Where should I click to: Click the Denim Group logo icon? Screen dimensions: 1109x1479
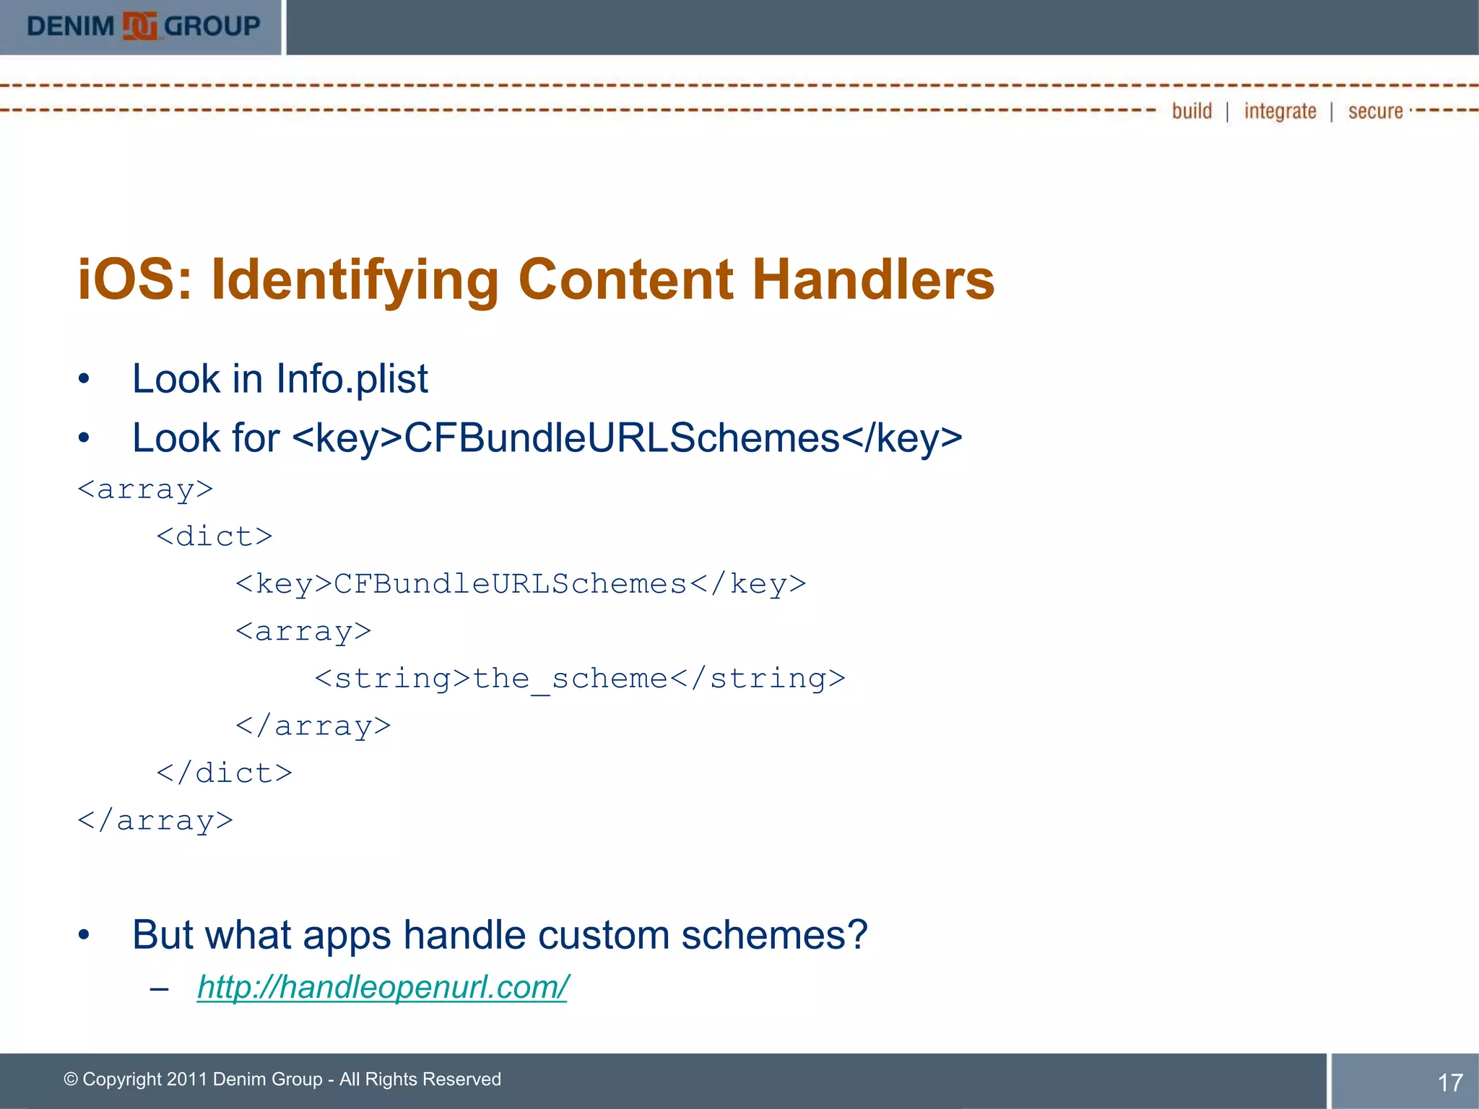[139, 27]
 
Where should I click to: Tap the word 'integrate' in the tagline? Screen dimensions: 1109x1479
[1280, 111]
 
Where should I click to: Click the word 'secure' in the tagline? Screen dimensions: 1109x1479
[1375, 111]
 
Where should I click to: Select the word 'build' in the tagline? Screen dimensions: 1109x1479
[1192, 111]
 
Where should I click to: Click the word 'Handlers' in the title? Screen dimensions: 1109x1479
[873, 279]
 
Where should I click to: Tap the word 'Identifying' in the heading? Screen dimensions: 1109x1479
[355, 281]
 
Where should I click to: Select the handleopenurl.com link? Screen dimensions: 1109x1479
[383, 987]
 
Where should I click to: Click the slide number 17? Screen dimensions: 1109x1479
[1449, 1082]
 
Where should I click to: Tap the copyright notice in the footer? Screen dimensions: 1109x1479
[282, 1079]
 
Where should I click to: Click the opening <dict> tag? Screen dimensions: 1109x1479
[214, 536]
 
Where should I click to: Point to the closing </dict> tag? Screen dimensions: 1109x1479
[225, 773]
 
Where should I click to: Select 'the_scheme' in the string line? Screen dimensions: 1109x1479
[571, 679]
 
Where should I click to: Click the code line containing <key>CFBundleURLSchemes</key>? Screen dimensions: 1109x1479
[521, 584]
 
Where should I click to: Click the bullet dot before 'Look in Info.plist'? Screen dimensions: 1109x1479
[84, 379]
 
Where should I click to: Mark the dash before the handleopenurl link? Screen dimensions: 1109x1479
[160, 988]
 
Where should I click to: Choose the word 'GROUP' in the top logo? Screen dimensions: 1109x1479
[212, 27]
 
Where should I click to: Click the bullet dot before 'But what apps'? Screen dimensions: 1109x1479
[84, 935]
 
